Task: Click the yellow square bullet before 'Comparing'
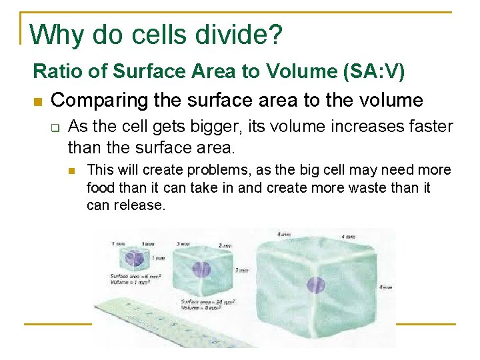point(37,101)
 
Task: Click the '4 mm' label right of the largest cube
point(385,287)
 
